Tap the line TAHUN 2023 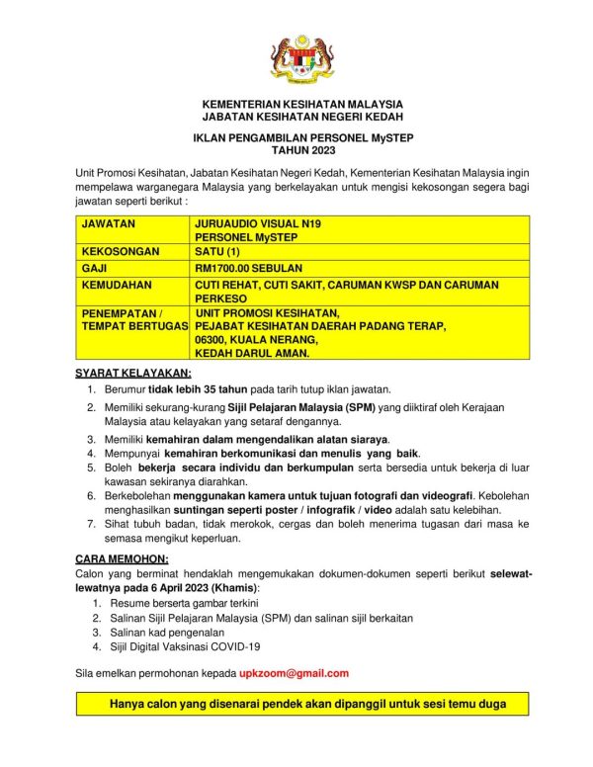pos(302,151)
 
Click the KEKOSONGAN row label pos(120,252)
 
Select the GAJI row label pos(96,268)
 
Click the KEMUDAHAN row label pos(117,284)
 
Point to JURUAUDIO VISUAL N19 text pos(258,223)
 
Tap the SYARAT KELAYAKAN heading pos(133,372)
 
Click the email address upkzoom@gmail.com pos(294,673)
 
